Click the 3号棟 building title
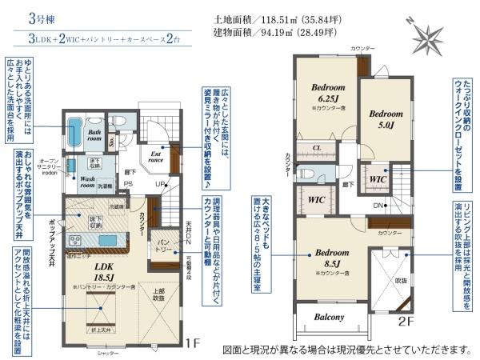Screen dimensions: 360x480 (45, 17)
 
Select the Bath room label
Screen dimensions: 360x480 (95, 136)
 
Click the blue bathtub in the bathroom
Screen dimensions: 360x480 (74, 131)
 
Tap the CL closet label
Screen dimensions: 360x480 (318, 148)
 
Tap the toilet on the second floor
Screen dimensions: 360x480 (303, 171)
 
